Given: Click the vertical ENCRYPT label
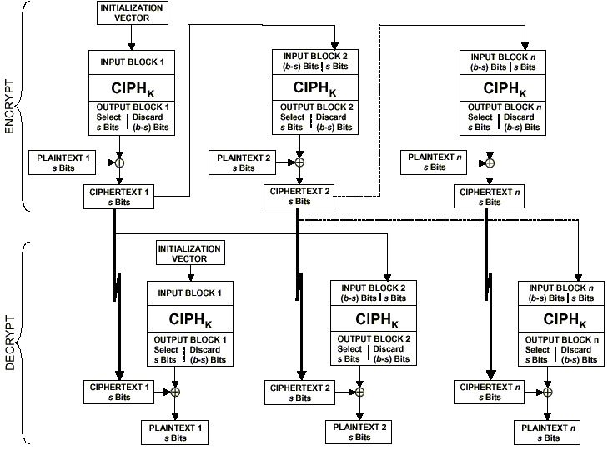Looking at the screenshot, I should [x=10, y=109].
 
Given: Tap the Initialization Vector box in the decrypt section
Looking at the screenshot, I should [x=189, y=254].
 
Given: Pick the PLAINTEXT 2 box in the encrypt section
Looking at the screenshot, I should [x=244, y=162].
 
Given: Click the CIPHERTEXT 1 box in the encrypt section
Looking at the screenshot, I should [x=118, y=197].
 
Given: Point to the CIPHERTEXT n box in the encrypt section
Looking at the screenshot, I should [x=489, y=197].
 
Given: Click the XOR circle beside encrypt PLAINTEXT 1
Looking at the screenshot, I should [x=119, y=162].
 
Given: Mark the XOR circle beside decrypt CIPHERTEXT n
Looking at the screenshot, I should [x=548, y=391].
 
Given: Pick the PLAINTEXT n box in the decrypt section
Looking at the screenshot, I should [x=547, y=432].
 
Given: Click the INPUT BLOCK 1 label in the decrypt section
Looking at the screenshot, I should [x=189, y=293].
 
